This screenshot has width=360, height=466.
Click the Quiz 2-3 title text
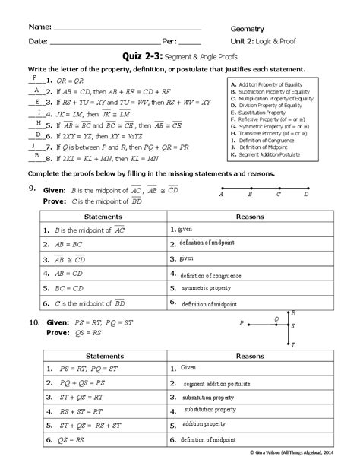pos(143,55)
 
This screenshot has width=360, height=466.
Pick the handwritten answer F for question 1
pos(33,76)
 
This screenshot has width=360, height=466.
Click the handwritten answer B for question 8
pos(35,156)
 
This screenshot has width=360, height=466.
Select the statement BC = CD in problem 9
pos(70,289)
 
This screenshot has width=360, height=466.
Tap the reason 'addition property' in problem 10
pos(204,423)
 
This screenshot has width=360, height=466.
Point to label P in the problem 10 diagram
pos(242,322)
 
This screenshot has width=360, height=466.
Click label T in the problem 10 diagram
pos(292,344)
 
